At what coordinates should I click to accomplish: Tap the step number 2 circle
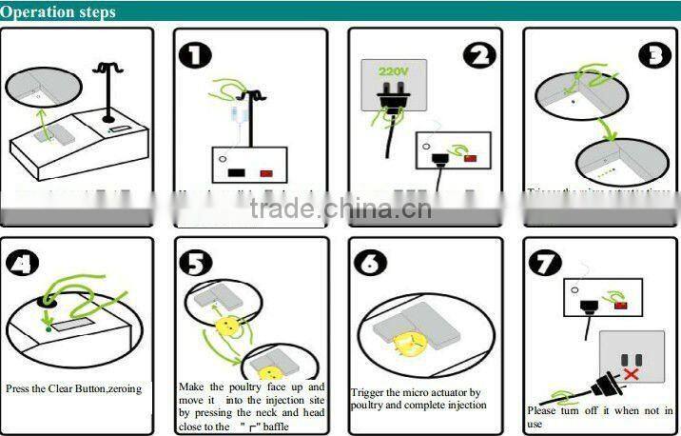(478, 54)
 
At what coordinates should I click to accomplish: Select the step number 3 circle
(654, 55)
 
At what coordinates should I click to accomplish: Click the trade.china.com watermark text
(340, 209)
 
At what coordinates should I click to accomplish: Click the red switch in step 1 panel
(267, 174)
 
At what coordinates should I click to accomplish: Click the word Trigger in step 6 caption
(370, 392)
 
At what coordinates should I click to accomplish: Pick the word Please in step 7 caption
(542, 410)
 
